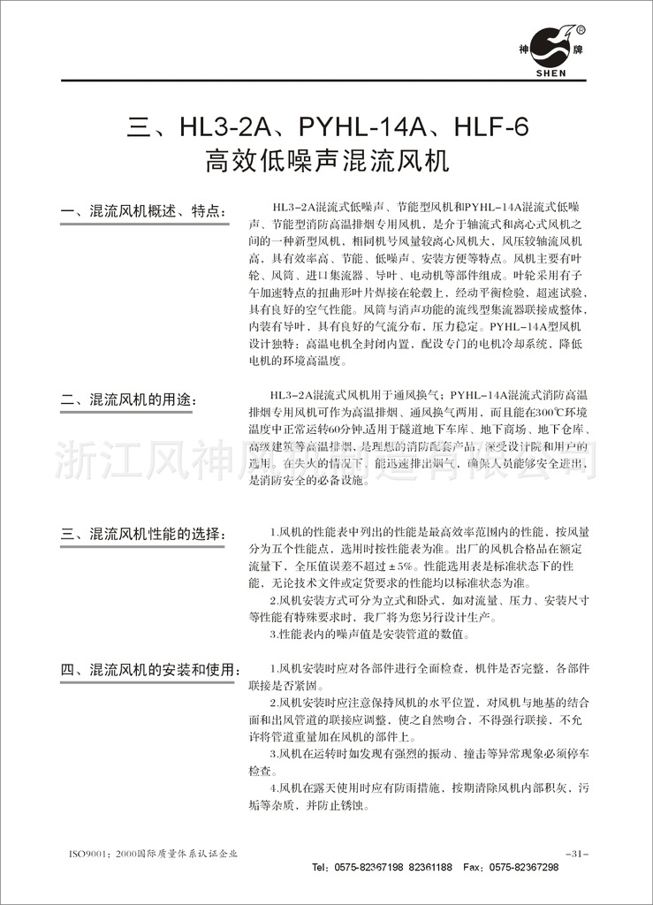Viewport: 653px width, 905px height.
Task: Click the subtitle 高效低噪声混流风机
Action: point(327,162)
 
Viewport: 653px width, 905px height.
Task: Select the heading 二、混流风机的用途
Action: point(127,399)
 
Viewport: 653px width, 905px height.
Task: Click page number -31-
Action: point(574,854)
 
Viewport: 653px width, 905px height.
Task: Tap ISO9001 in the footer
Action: point(87,855)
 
